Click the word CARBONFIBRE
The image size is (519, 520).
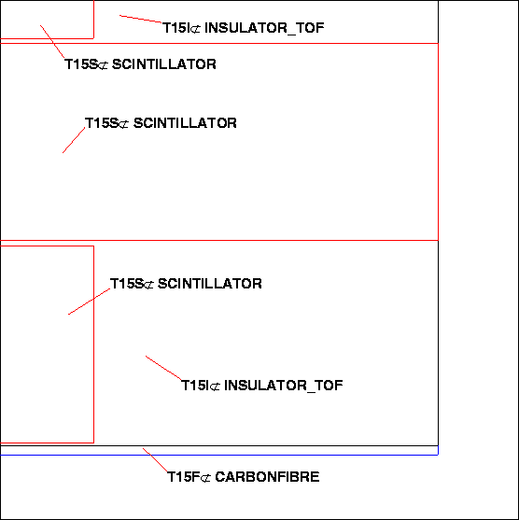pos(267,477)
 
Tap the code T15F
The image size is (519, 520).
pos(184,477)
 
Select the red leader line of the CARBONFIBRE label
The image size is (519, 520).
pos(155,460)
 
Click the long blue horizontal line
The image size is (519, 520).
pos(219,455)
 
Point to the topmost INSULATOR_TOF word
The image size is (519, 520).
pos(264,28)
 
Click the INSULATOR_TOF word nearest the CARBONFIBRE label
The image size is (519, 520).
pos(284,386)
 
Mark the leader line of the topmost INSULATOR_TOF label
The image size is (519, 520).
pos(141,19)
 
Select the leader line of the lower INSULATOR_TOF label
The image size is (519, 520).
pos(163,368)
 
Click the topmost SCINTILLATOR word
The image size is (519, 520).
pos(164,64)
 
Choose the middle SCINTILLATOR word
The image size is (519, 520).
pos(185,123)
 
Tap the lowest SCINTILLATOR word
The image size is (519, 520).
pos(210,284)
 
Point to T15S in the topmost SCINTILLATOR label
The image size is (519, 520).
pos(81,64)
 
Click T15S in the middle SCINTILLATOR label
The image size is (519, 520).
pos(102,123)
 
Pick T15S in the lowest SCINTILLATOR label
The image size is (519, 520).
pos(127,284)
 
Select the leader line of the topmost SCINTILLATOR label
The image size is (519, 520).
pos(52,42)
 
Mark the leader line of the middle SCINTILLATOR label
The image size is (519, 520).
pos(74,140)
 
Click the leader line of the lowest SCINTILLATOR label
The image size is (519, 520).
pos(89,302)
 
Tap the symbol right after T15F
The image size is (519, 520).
pos(205,478)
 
